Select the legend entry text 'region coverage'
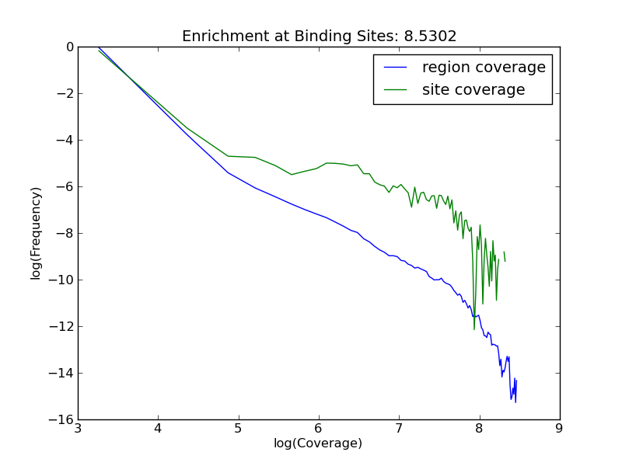tap(484, 68)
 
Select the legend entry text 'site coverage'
tap(473, 90)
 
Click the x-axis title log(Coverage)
tap(318, 443)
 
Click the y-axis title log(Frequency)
tap(36, 233)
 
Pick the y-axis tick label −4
tap(65, 141)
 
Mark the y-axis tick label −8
tap(65, 234)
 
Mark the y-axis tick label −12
tap(61, 327)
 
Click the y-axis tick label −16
tap(61, 420)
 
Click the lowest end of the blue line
tap(515, 402)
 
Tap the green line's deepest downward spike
tap(474, 329)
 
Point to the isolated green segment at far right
tap(505, 256)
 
